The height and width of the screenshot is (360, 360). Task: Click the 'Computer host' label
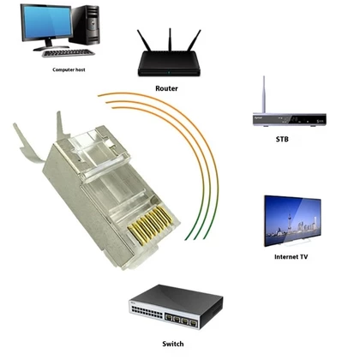coord(69,69)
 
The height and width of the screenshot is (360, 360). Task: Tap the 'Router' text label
coord(166,88)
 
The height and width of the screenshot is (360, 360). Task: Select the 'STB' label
coord(282,139)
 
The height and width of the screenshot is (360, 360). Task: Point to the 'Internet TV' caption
coord(291,257)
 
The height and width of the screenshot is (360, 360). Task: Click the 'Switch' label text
coord(173,344)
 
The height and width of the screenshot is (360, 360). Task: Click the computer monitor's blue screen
coord(47,22)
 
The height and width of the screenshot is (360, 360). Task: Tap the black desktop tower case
coord(85,25)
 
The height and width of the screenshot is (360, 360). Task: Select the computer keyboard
coord(68,53)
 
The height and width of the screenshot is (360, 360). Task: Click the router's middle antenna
coord(170,39)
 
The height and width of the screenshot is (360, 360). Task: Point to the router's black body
coord(169,63)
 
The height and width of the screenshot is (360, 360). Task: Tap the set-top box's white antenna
coord(264,95)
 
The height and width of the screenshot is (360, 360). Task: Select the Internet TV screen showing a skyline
coord(292,220)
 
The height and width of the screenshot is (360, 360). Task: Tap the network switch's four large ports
coord(181,320)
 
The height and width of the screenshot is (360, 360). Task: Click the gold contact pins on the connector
coord(151,225)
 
